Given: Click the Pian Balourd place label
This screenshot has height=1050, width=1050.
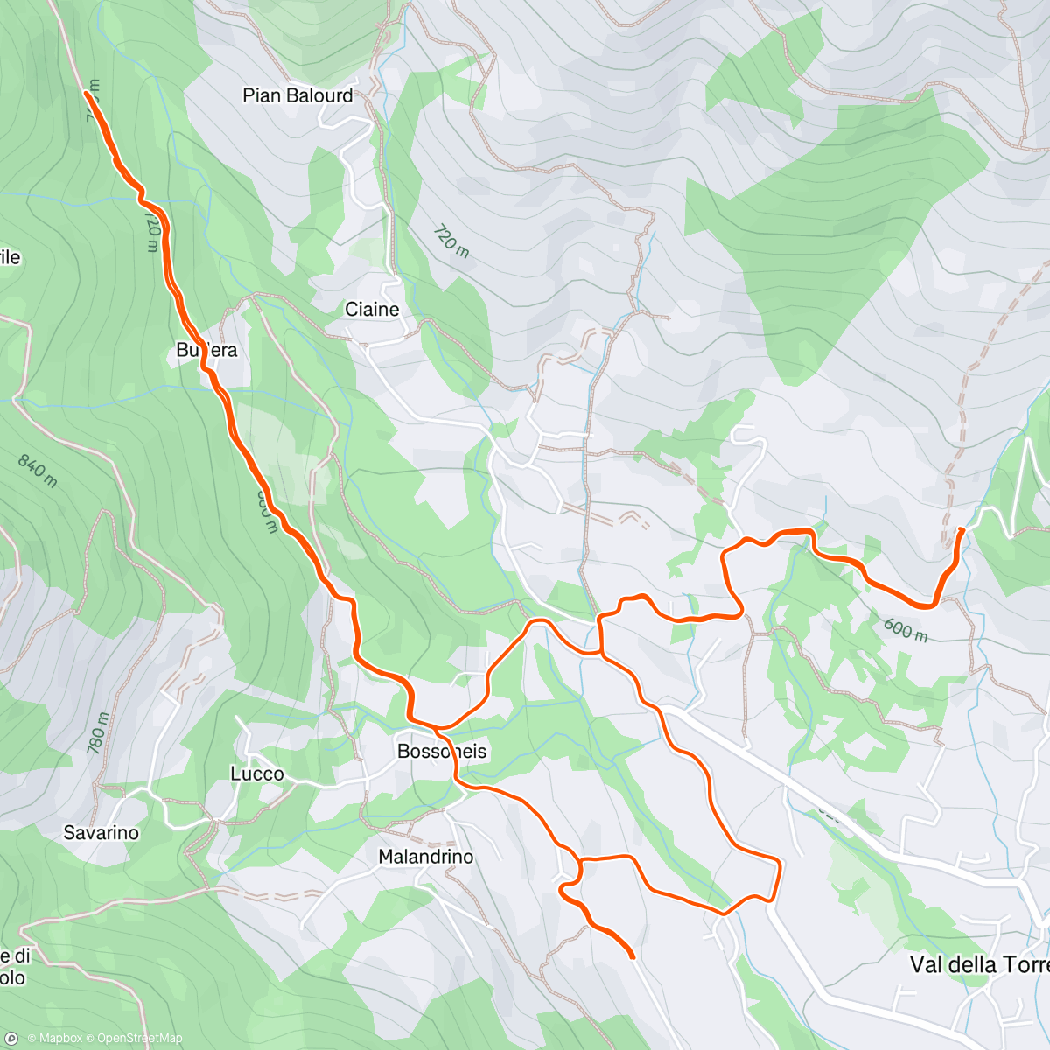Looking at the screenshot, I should [x=297, y=95].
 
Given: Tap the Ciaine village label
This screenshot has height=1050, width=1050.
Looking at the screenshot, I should [x=372, y=310].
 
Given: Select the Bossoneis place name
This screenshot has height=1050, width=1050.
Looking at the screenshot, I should [x=442, y=752].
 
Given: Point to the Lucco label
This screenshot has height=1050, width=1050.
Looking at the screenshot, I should [x=257, y=773].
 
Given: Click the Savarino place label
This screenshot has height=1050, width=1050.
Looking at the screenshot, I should [x=101, y=832].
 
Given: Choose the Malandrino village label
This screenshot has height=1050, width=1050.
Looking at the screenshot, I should [x=426, y=857].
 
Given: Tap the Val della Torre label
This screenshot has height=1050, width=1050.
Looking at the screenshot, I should [x=978, y=964].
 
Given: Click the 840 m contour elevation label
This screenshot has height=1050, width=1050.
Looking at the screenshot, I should [x=38, y=471].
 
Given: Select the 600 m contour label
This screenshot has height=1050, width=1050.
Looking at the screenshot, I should [x=905, y=629].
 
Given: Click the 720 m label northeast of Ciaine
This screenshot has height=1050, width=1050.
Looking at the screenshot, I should [x=451, y=241].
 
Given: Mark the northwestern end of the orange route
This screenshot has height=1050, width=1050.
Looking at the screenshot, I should [x=86, y=91].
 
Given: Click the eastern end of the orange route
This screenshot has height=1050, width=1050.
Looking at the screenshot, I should [x=962, y=530].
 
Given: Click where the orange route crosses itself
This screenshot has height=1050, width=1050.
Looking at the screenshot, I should [x=600, y=653].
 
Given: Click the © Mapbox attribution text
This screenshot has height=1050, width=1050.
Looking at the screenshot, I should [x=55, y=1039].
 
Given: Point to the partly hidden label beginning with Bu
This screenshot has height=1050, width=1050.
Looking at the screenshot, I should [x=206, y=350].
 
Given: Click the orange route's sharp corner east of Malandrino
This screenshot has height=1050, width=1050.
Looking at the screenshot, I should [x=777, y=863].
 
